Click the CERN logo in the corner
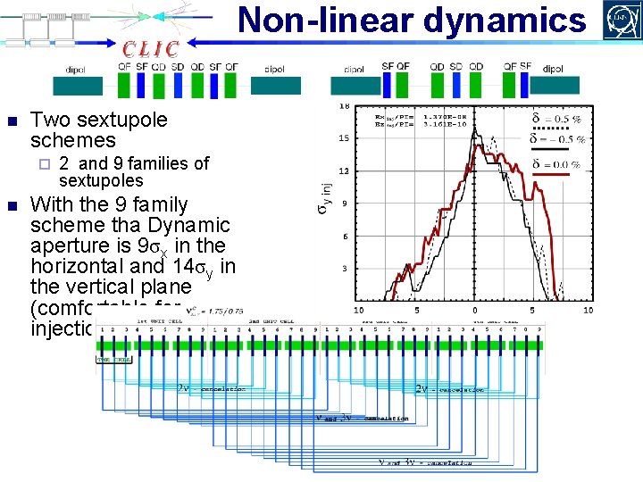click(622, 19)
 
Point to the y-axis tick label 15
click(344, 138)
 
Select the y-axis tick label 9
click(346, 204)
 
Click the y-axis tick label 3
click(346, 270)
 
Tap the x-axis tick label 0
click(474, 311)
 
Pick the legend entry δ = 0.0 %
click(555, 164)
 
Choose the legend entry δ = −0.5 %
click(555, 139)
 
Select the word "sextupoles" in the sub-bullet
click(101, 180)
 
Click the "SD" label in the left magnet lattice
click(178, 67)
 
